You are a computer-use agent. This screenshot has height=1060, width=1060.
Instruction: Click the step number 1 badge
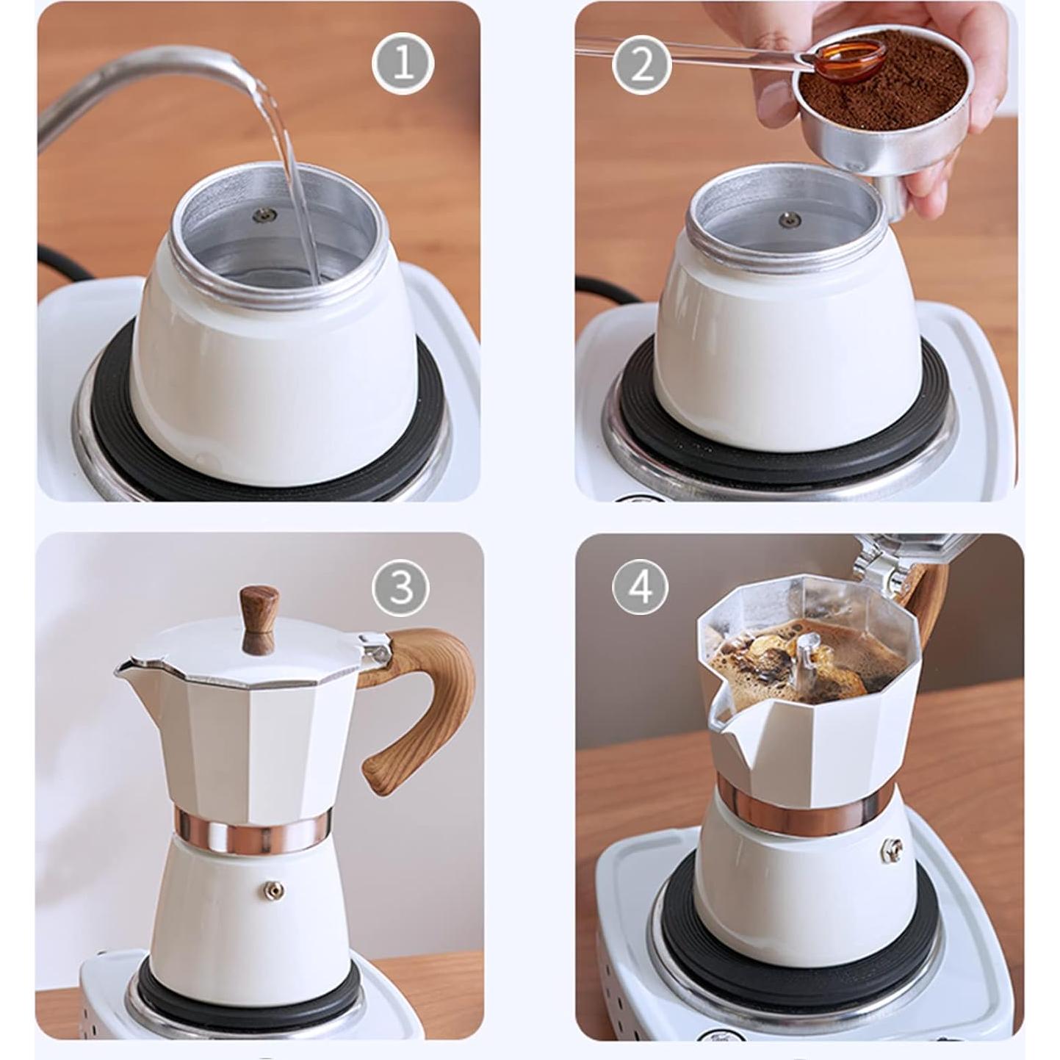click(x=403, y=64)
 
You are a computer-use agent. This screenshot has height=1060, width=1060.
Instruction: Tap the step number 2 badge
click(x=641, y=65)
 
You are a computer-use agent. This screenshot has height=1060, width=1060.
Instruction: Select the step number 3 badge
click(x=400, y=587)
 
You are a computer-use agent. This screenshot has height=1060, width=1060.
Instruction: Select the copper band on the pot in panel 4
click(x=804, y=811)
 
